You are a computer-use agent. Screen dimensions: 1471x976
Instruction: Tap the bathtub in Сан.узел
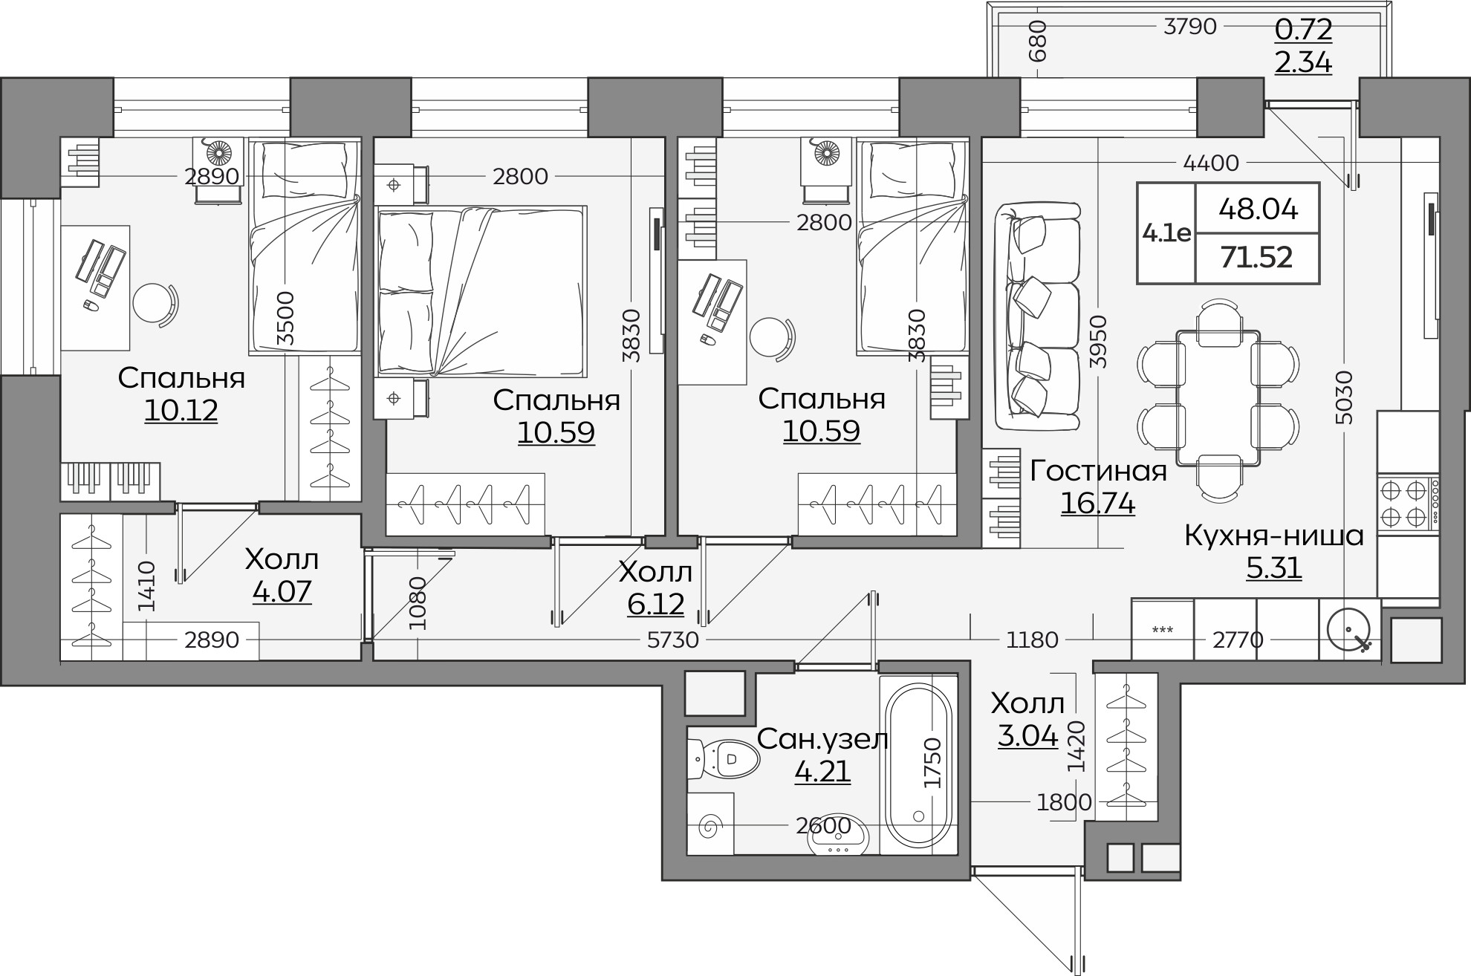(918, 766)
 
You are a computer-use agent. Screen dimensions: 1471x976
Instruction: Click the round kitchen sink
(1349, 630)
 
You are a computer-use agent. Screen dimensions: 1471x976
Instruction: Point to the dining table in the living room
(1218, 399)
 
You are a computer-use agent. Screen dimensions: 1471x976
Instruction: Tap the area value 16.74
(1097, 504)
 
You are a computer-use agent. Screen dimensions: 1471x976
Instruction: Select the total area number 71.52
(1256, 258)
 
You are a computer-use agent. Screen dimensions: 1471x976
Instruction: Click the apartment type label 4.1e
(1166, 234)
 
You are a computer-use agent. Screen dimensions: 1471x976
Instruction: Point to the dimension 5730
(673, 640)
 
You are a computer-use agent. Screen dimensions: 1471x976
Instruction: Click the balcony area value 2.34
(1303, 62)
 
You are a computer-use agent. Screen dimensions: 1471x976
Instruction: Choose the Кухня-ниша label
(1274, 536)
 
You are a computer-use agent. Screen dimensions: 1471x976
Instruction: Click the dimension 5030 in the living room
(1345, 397)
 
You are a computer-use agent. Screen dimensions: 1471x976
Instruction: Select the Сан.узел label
(822, 740)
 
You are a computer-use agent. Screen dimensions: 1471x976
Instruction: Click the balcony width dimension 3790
(1190, 26)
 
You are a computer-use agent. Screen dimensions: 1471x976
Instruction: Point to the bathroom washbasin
(837, 835)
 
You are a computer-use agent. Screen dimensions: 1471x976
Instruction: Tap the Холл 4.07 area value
(282, 592)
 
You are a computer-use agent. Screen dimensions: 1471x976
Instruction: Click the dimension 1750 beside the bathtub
(932, 763)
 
